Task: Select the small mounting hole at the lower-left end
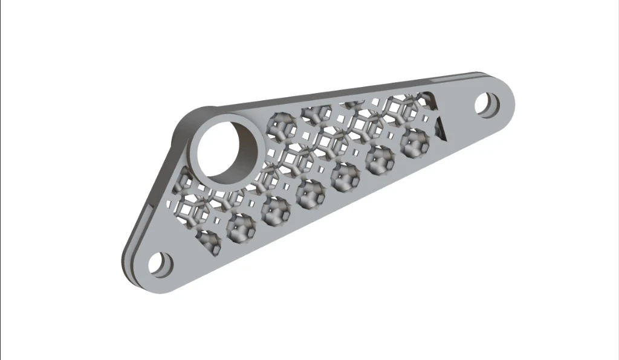(159, 265)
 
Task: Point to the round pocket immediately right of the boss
(282, 127)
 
